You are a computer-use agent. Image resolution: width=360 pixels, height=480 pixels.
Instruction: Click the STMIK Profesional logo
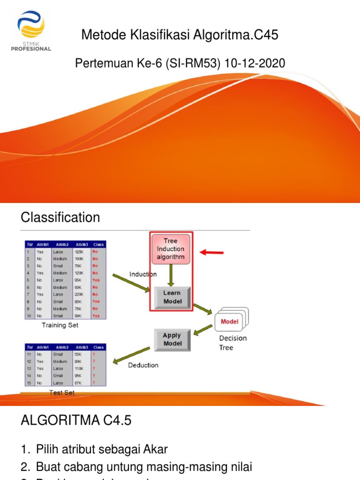[x=33, y=31]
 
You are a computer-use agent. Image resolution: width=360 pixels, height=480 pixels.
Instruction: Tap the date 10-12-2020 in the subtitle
[x=255, y=63]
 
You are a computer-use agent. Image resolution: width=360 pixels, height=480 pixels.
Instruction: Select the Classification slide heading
[x=60, y=217]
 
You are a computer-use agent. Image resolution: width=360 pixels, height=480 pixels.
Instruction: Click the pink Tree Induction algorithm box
[x=171, y=249]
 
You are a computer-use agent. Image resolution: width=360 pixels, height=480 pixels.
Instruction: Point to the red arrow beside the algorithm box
[x=212, y=253]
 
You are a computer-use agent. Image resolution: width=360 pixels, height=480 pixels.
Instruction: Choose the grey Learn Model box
[x=172, y=297]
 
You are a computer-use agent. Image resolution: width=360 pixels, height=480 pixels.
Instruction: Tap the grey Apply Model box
[x=172, y=339]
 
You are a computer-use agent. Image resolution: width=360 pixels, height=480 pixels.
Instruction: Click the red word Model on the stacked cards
[x=229, y=322]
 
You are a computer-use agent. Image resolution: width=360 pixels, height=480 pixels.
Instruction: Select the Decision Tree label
[x=232, y=343]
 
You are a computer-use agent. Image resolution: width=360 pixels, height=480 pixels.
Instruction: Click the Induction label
[x=143, y=274]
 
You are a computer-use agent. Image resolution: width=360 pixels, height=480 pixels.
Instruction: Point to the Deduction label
[x=143, y=365]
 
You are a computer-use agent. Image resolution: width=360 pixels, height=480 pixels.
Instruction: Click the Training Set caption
[x=60, y=325]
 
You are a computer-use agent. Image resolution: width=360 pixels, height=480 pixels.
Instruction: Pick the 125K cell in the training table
[x=79, y=251]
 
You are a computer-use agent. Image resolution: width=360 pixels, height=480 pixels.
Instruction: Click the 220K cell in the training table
[x=79, y=294]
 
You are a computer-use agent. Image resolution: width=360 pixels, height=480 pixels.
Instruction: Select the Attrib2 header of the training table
[x=62, y=244]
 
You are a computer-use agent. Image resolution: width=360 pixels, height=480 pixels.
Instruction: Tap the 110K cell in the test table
[x=79, y=368]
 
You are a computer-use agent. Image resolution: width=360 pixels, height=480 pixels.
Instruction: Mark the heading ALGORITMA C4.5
[x=76, y=421]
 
